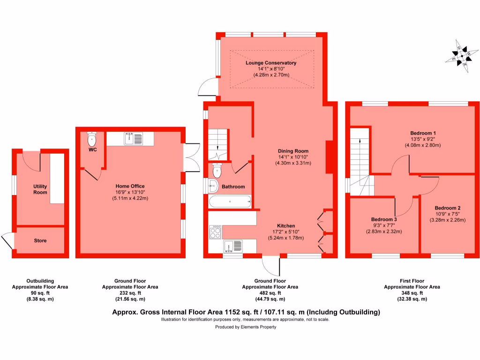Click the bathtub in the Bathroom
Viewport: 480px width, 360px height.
[230, 202]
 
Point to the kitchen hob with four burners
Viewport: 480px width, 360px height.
[216, 232]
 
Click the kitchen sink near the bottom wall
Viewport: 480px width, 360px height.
[233, 246]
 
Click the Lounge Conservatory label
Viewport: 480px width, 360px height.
[271, 63]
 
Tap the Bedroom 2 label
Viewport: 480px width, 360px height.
[447, 208]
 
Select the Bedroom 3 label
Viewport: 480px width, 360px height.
[384, 219]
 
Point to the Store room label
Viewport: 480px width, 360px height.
[40, 241]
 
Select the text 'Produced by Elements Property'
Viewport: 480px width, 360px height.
[246, 327]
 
